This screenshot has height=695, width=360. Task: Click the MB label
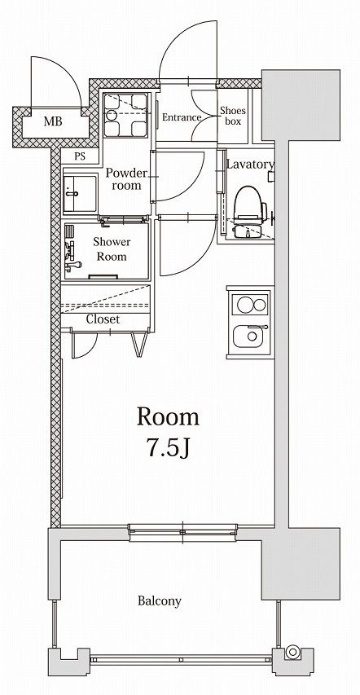53,121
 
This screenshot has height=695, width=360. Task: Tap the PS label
81,156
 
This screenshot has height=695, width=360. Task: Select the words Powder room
126,179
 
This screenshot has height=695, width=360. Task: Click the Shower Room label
112,249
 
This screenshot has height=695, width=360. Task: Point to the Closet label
103,319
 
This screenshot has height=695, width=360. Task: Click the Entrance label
182,117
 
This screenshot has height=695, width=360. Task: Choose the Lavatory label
250,165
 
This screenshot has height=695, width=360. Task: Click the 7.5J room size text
168,449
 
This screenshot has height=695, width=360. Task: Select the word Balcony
159,601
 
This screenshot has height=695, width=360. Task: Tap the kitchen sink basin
251,336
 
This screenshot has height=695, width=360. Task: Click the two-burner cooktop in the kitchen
252,304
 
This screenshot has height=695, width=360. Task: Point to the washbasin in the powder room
81,193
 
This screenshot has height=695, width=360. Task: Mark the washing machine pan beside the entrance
125,115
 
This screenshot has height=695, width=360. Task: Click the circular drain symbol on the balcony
292,652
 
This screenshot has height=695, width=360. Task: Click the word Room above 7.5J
168,417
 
